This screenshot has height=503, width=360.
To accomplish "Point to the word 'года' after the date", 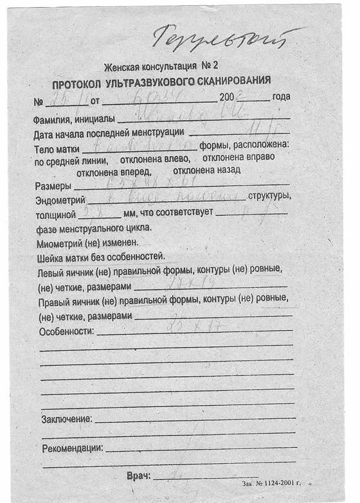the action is coord(281,96).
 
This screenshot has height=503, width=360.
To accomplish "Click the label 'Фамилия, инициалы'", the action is coord(74,119).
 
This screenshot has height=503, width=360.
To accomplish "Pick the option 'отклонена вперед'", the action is coord(114,172).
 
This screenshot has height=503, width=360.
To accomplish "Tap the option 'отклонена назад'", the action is coord(206,170).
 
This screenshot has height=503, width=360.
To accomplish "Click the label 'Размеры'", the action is coord(53,187).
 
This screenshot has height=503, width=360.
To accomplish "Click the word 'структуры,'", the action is coord(269,195).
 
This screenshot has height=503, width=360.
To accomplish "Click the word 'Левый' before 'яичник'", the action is coord(51,272).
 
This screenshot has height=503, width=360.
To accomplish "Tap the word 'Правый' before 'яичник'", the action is coord(53,302).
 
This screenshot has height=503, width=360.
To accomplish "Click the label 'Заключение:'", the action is coord(67,419).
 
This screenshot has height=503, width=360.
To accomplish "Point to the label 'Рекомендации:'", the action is coord(72,448).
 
